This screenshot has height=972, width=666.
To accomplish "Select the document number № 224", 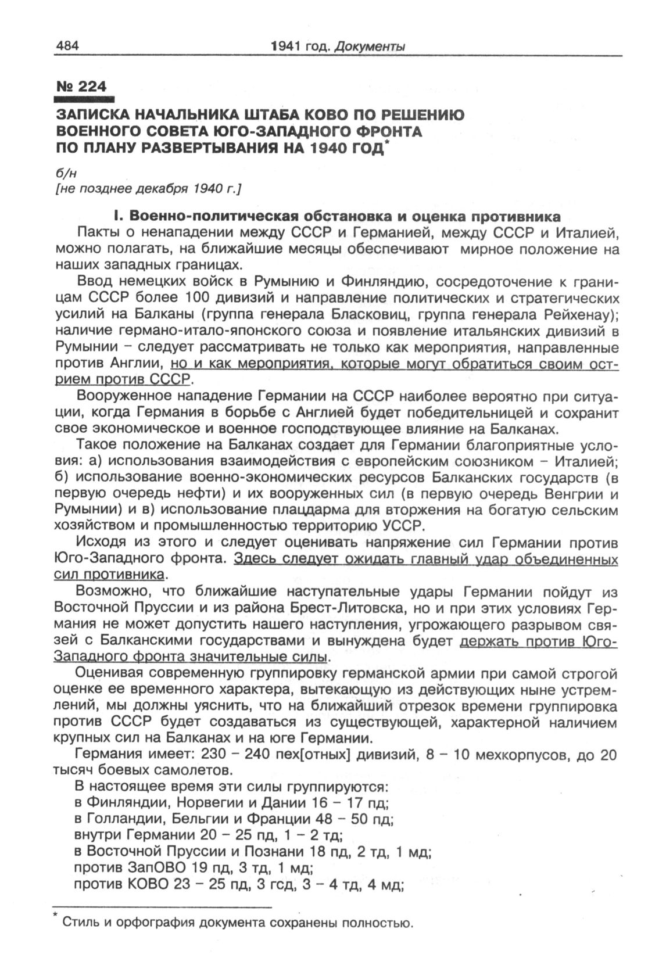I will click(82, 86).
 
